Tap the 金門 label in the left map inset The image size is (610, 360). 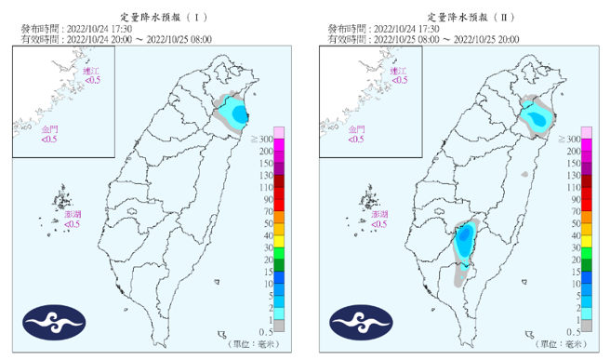click(x=48, y=130)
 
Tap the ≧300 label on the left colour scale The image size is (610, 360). click(x=262, y=139)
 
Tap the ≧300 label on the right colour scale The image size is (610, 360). click(x=569, y=139)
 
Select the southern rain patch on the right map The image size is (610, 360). click(x=465, y=245)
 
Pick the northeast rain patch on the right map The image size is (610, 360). click(x=537, y=115)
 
